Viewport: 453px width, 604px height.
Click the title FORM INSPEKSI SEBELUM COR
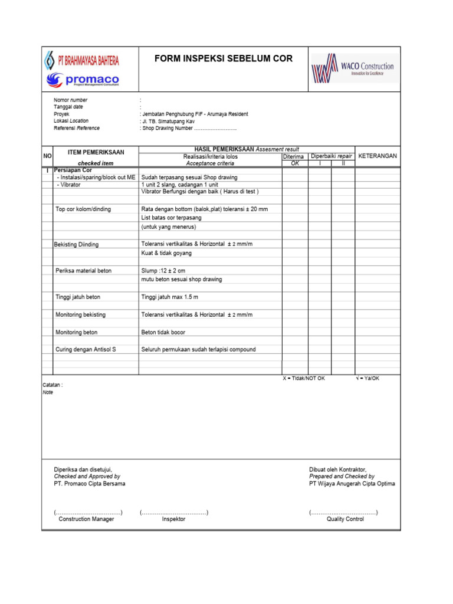click(x=223, y=58)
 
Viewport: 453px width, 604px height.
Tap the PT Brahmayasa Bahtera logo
click(x=82, y=60)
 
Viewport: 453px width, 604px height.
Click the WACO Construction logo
click(x=352, y=70)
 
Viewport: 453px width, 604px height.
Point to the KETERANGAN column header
click(x=377, y=156)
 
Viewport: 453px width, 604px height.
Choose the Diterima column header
click(x=293, y=157)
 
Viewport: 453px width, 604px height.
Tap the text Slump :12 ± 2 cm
click(x=163, y=271)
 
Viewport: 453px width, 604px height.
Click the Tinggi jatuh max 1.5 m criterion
click(x=170, y=297)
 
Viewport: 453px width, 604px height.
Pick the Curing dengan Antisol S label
click(x=86, y=350)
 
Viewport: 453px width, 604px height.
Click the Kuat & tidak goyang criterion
click(x=166, y=253)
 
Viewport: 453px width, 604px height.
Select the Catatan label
click(x=52, y=385)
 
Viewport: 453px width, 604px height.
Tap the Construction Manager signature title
click(x=86, y=519)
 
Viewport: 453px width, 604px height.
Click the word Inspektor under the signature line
click(x=173, y=519)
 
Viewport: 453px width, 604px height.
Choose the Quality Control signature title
click(x=345, y=519)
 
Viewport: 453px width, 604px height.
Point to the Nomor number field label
click(x=70, y=100)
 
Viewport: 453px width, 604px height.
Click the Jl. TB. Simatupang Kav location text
click(x=168, y=121)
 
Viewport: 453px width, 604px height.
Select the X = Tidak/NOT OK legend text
click(x=304, y=378)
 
